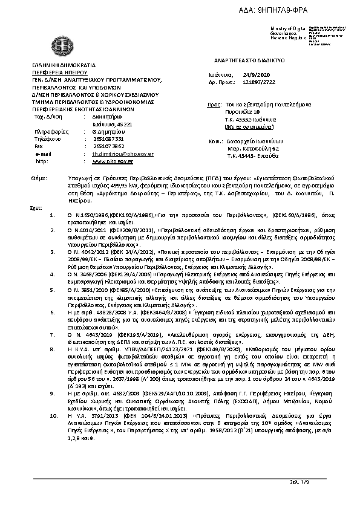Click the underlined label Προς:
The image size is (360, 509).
tap(212, 105)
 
